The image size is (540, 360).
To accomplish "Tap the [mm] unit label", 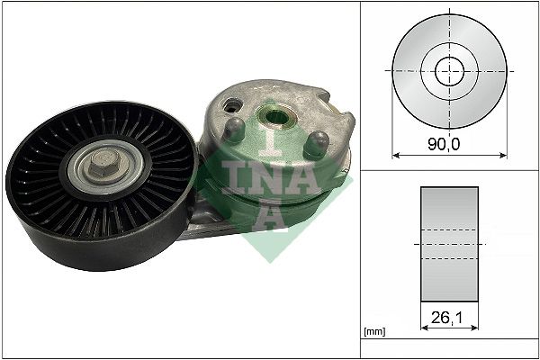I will (373, 330).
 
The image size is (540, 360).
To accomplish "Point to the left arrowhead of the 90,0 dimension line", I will (397, 155).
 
